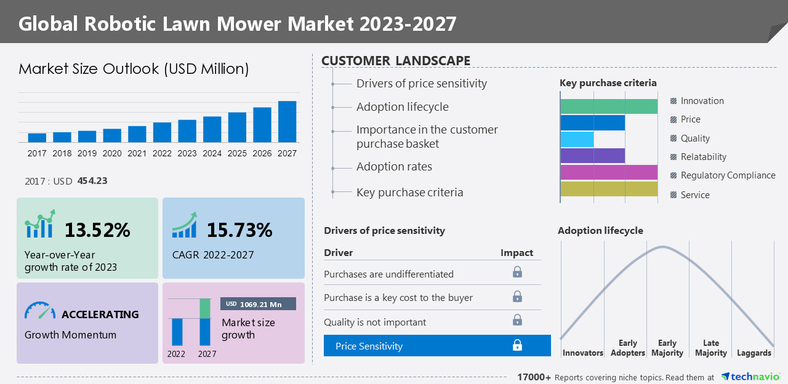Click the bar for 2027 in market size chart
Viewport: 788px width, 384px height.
287,122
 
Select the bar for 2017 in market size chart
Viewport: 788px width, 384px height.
37,137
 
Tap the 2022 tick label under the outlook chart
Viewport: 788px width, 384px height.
162,153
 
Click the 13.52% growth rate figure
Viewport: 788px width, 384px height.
97,230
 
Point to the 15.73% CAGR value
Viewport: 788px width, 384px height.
239,230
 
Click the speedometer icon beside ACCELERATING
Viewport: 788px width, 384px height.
39,311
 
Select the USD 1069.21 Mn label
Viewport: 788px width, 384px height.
258,304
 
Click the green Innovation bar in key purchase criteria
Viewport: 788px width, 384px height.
608,106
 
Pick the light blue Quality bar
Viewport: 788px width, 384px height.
577,139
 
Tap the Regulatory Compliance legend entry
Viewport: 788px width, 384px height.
727,175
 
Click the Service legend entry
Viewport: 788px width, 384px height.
694,195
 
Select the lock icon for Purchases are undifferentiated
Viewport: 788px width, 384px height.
517,272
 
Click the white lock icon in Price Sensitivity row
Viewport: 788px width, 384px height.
517,346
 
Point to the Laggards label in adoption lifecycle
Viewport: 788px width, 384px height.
754,353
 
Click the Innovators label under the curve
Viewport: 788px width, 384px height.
582,353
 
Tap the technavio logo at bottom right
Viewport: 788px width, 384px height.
750,377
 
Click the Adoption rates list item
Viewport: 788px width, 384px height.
394,167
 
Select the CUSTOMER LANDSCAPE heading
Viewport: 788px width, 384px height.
396,60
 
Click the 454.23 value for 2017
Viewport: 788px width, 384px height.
92,181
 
